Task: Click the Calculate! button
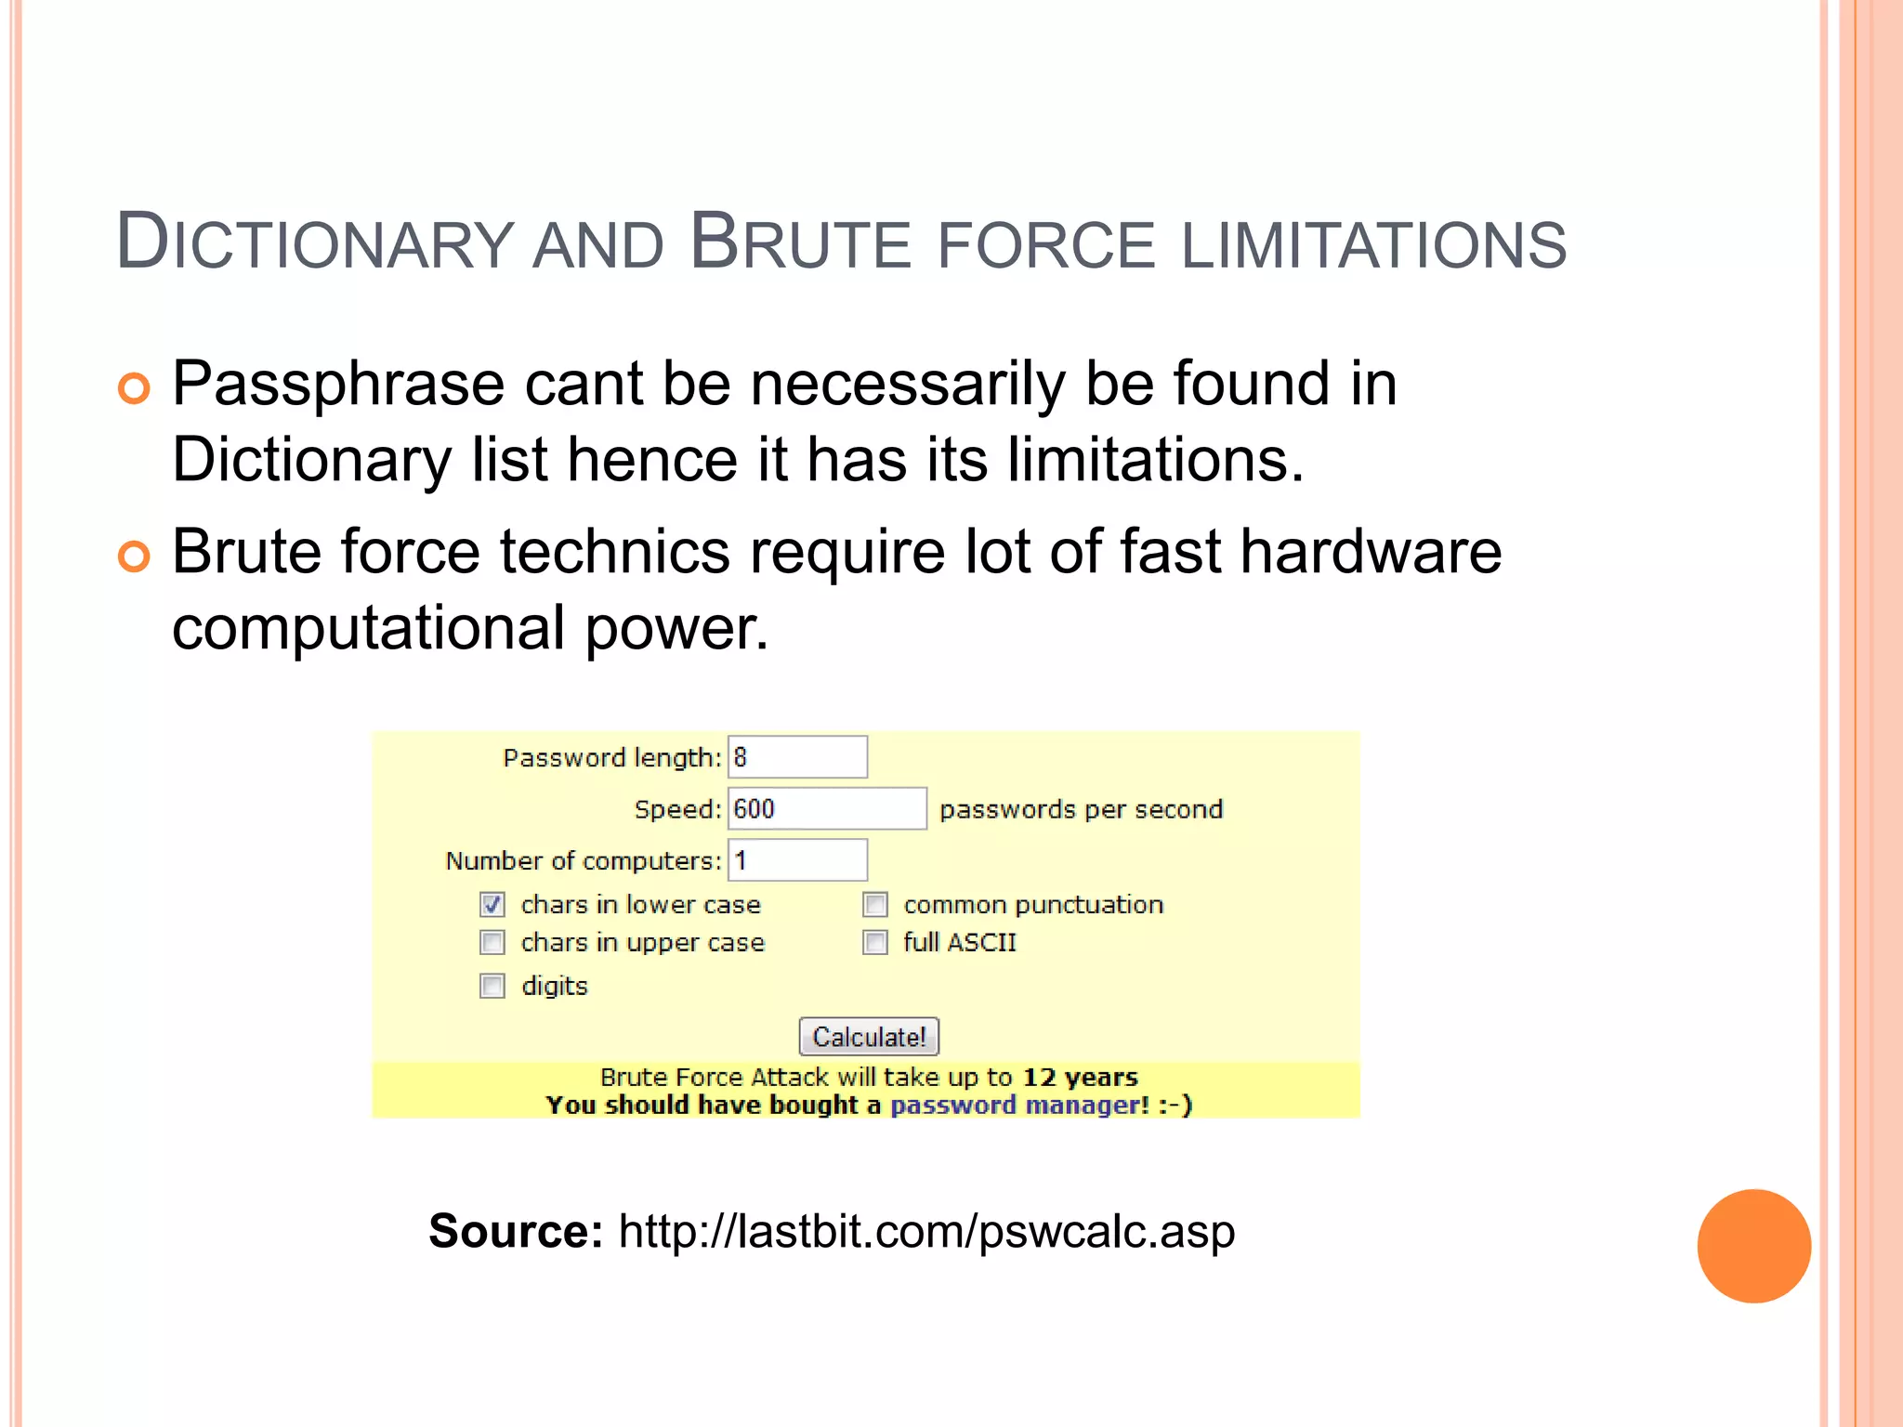869,1037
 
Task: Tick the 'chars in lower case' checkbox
492,905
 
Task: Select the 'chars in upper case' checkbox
492,943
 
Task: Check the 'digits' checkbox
492,986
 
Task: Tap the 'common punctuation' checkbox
875,905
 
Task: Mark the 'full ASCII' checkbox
875,943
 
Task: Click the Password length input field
797,757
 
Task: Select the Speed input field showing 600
827,808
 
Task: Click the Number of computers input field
797,860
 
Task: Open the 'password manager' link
1019,1105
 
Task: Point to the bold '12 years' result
1080,1078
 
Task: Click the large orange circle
1753,1246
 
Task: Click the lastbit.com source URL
926,1232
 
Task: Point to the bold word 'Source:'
516,1232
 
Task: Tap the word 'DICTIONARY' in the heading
314,243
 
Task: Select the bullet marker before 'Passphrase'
134,388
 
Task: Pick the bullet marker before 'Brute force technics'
134,556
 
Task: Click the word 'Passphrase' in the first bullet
338,385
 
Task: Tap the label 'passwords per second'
1081,809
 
